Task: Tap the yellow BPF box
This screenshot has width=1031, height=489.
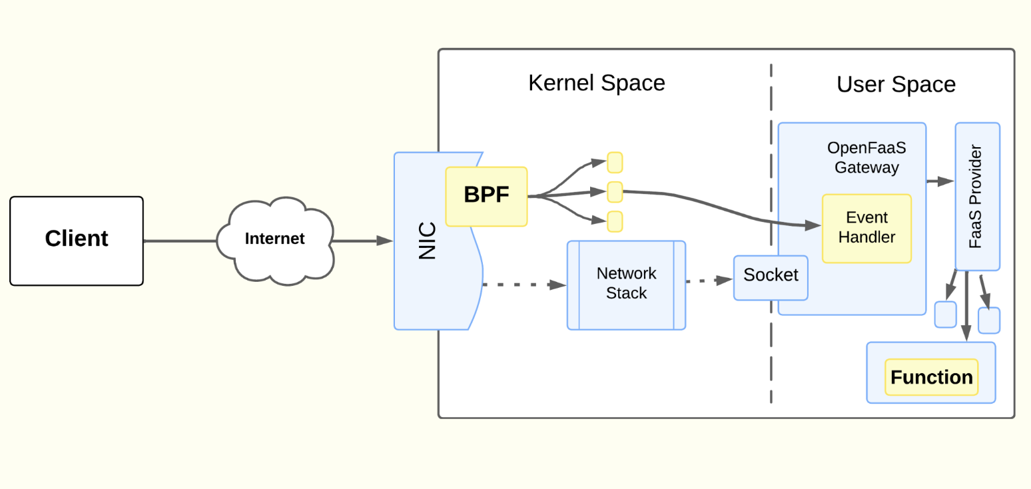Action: tap(486, 196)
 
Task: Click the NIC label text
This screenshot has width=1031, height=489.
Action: tap(427, 241)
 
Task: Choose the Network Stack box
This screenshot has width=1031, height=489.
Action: tap(626, 284)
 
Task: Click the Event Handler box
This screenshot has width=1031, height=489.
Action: tap(866, 228)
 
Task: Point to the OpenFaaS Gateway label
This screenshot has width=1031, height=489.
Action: tap(866, 157)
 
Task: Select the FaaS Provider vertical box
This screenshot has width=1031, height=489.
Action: tap(977, 197)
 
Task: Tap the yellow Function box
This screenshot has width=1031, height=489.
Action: tap(931, 377)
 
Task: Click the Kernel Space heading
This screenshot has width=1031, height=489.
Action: tap(596, 83)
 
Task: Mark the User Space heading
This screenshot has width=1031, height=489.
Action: tap(896, 85)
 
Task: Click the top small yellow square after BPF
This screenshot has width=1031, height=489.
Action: tap(615, 163)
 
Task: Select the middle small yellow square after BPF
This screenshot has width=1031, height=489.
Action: tap(615, 192)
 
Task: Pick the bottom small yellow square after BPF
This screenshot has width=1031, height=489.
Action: tap(615, 221)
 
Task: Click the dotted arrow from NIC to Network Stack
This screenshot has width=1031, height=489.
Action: tap(523, 284)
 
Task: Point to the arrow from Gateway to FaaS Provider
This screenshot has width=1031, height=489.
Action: tap(940, 181)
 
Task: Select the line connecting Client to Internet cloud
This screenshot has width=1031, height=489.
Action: tap(180, 241)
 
